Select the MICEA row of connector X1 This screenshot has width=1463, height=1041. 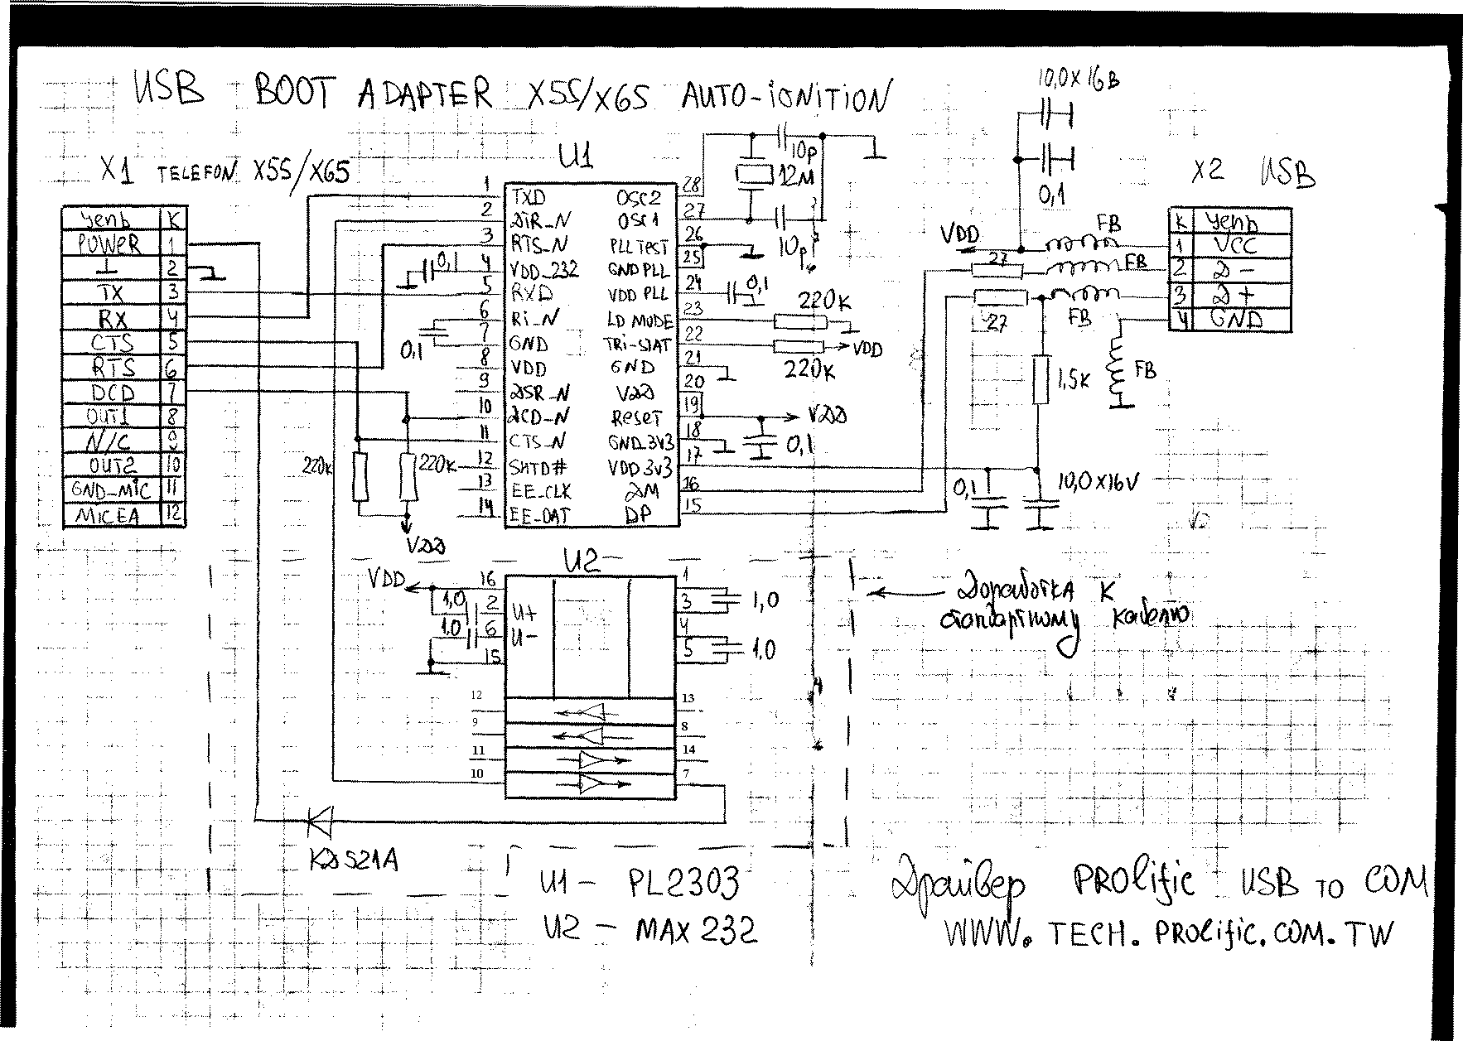[109, 515]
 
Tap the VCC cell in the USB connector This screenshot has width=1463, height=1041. [1235, 245]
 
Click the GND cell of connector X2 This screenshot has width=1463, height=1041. [1235, 319]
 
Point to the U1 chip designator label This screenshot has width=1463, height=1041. [576, 155]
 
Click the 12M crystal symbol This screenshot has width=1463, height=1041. [752, 175]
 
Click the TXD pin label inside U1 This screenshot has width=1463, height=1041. [529, 197]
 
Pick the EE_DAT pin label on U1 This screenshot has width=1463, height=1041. [539, 515]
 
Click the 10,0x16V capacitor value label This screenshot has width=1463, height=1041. [1098, 480]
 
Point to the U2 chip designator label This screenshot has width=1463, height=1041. [580, 562]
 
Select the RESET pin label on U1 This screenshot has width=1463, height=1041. [636, 417]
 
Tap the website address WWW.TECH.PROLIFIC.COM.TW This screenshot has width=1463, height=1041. [1168, 934]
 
